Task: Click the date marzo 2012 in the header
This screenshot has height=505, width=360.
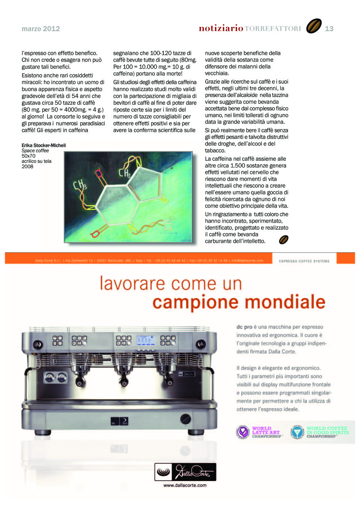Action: click(x=41, y=29)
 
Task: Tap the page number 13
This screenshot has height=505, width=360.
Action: click(x=329, y=29)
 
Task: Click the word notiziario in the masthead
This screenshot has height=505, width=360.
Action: click(x=221, y=29)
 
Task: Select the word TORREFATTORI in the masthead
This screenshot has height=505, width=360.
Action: click(x=273, y=29)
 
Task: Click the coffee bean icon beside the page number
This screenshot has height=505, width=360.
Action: click(x=313, y=27)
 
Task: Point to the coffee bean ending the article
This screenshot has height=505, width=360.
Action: click(x=284, y=240)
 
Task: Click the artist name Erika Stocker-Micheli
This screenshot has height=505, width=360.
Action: click(x=44, y=146)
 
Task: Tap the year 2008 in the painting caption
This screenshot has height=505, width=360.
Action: click(x=28, y=166)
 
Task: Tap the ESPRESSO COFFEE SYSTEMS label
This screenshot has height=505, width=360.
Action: click(x=304, y=261)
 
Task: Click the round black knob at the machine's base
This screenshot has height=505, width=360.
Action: click(x=185, y=419)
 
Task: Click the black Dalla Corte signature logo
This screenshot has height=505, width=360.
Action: click(x=185, y=472)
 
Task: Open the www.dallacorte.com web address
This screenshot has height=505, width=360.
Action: click(x=185, y=485)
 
